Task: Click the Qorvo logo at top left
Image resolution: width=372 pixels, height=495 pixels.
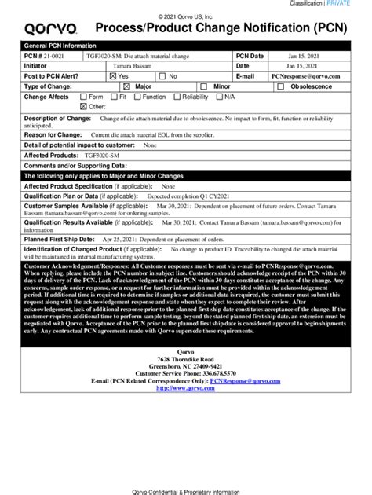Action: click(x=50, y=30)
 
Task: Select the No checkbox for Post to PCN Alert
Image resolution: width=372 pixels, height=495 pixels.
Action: click(x=161, y=76)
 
